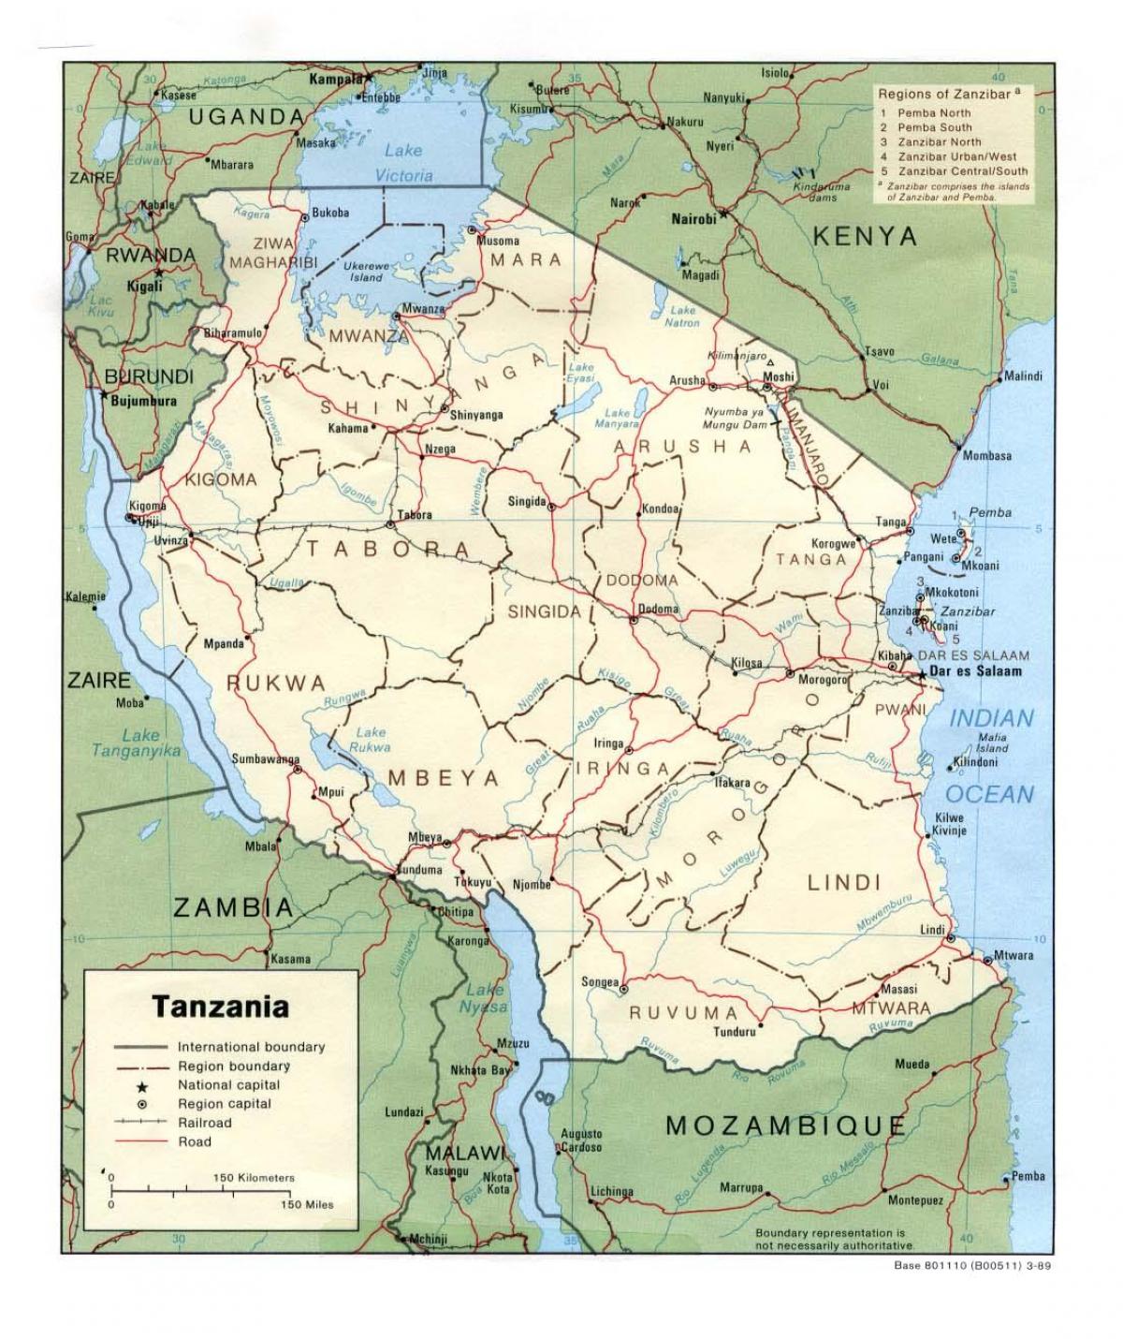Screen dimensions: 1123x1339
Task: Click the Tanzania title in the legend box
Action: coord(220,1008)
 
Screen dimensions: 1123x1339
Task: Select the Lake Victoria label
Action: coord(404,162)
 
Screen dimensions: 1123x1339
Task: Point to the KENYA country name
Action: coord(865,236)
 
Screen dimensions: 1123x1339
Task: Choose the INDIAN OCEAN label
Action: coord(993,756)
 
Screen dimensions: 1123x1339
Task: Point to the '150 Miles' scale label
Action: coord(307,1204)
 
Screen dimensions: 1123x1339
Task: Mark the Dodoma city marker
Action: coord(633,620)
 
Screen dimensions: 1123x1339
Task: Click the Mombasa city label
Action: coord(987,456)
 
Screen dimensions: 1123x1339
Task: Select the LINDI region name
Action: coord(831,881)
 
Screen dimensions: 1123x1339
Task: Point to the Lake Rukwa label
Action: coord(370,740)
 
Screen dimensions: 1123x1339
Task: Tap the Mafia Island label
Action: coord(991,743)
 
